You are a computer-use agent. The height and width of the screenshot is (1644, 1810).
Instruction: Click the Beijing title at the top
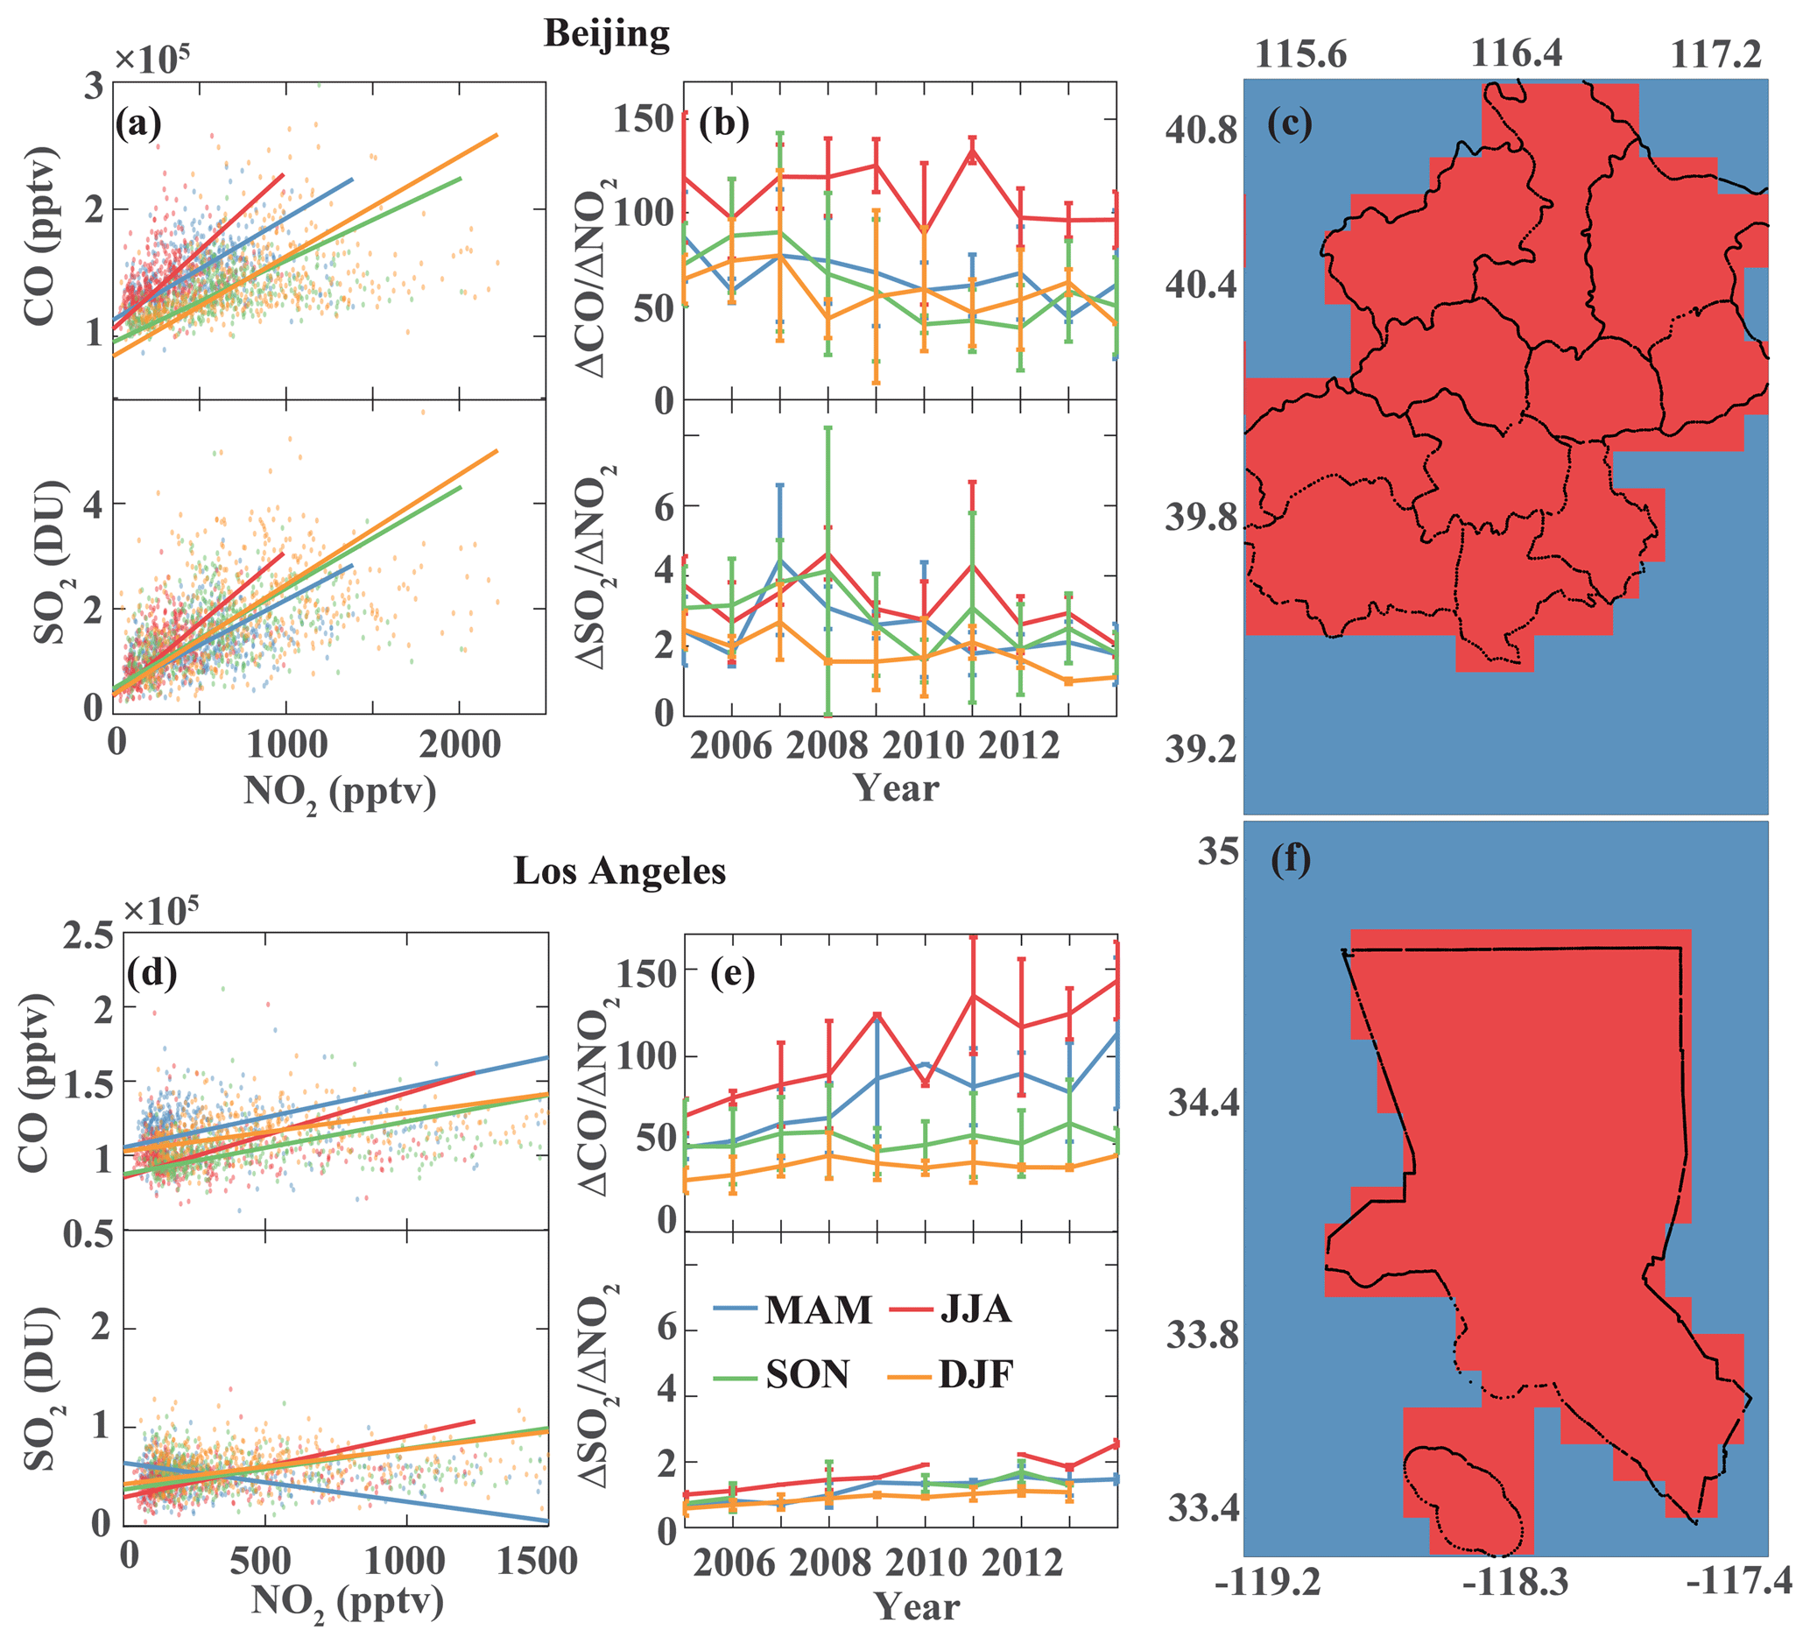[607, 34]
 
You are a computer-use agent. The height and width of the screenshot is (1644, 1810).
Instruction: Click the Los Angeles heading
[619, 871]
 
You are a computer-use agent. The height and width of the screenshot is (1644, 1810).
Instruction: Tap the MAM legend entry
[792, 1310]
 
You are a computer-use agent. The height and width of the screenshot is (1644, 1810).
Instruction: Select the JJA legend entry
[952, 1310]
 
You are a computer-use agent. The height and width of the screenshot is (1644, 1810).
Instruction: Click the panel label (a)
[137, 123]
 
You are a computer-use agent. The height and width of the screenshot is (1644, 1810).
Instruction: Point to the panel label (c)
[1289, 123]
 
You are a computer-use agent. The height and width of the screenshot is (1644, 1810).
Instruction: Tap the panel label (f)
[1290, 859]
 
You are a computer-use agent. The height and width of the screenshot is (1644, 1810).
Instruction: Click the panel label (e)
[732, 972]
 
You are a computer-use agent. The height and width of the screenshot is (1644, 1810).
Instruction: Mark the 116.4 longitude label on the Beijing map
[1516, 54]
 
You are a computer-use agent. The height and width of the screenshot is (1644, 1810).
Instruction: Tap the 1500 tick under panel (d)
[537, 1561]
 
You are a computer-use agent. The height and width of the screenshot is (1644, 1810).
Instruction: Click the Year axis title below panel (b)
[896, 787]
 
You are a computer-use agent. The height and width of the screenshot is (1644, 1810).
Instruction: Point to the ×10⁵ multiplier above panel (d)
[160, 909]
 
